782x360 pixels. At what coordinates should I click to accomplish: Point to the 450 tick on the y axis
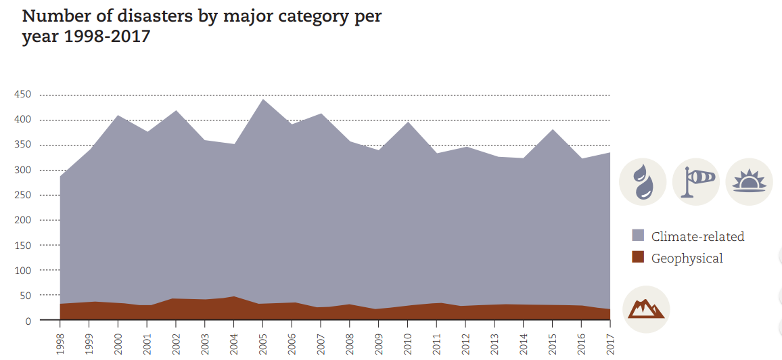click(x=22, y=95)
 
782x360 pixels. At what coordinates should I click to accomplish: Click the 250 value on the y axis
click(x=22, y=195)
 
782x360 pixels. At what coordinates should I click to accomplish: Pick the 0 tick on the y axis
click(x=28, y=321)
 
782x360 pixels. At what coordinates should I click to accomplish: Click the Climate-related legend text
click(x=697, y=237)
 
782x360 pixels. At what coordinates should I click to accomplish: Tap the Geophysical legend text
click(x=687, y=258)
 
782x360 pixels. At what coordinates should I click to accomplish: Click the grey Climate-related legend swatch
click(x=638, y=235)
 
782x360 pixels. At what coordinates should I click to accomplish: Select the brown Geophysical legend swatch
click(x=638, y=257)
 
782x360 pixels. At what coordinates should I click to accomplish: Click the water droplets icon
click(x=643, y=182)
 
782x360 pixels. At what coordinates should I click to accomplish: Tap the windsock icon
click(x=696, y=182)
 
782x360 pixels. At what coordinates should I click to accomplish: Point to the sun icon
click(x=749, y=182)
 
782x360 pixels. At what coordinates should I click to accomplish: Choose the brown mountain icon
click(x=645, y=309)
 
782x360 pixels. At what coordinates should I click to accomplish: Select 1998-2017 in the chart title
click(x=107, y=37)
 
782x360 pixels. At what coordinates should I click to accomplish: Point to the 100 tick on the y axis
click(x=22, y=271)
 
